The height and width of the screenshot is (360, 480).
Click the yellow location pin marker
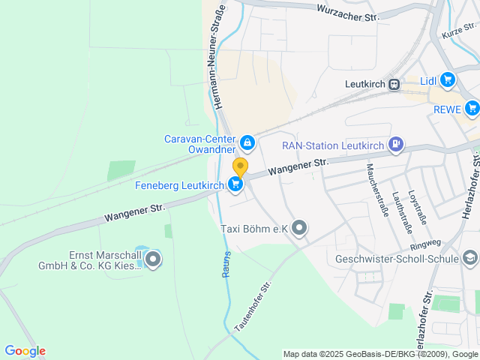tap(240, 166)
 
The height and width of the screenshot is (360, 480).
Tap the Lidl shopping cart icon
tap(448, 79)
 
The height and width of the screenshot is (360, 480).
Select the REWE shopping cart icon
tap(472, 109)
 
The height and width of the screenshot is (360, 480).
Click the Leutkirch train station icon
tap(394, 85)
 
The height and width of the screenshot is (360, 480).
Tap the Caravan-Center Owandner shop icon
tap(247, 141)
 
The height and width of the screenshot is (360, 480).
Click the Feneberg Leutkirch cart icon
tap(236, 184)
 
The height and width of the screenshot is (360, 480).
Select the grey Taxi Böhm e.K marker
tap(299, 228)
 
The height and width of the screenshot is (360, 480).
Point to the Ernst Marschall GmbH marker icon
tap(153, 260)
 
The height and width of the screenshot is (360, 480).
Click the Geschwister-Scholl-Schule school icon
tap(469, 259)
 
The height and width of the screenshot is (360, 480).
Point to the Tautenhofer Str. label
tap(252, 307)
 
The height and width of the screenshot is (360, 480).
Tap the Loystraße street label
tap(416, 207)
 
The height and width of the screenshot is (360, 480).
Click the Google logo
tap(25, 351)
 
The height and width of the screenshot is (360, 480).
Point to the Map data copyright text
tap(380, 354)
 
